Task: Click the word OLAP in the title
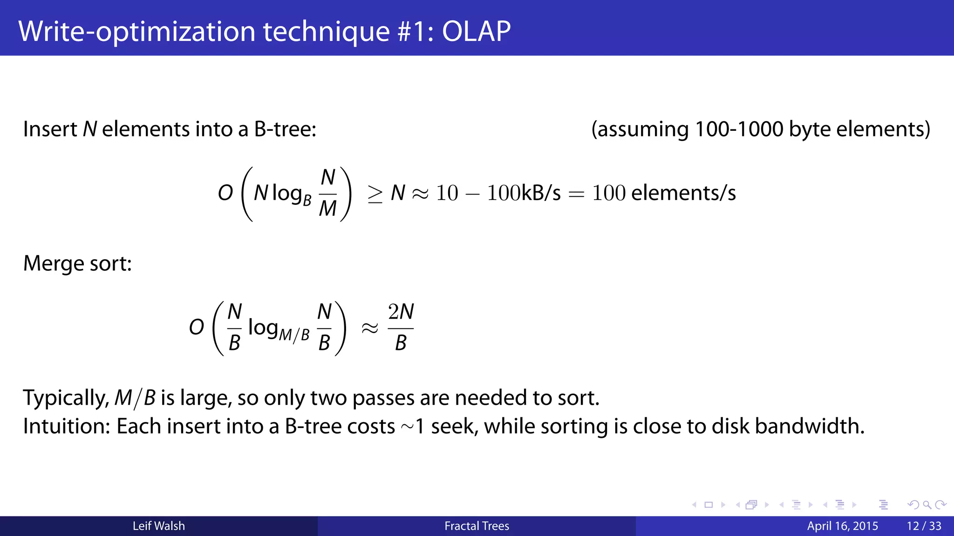pos(476,32)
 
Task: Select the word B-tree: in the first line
pos(285,129)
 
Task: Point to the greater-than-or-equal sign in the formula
pos(375,194)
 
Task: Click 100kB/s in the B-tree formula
pos(524,193)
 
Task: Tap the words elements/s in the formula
pos(683,193)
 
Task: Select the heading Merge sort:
pos(77,264)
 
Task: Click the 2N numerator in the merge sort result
pos(401,312)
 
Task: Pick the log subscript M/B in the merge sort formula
pos(294,335)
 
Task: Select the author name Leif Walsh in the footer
pos(159,526)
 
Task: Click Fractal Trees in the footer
pos(477,526)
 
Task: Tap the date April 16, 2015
pos(842,526)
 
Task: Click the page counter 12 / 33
pos(924,526)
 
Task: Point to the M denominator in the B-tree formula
pos(328,209)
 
